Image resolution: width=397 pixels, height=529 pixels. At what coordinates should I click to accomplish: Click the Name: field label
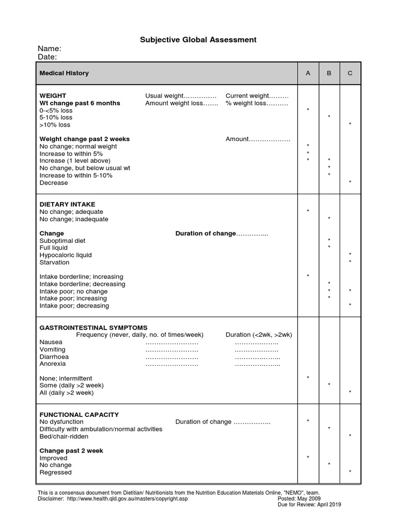tap(50, 49)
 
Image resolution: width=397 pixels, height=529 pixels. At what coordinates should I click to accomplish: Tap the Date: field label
tap(48, 57)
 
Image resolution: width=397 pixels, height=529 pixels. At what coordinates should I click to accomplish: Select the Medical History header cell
tap(64, 73)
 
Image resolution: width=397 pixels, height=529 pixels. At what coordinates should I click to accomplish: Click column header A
tap(308, 73)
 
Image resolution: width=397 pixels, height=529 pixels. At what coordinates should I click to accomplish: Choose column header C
tap(350, 73)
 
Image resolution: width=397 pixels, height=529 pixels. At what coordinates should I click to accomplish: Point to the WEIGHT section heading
tap(53, 96)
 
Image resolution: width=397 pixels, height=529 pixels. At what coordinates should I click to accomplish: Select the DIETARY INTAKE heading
tap(67, 205)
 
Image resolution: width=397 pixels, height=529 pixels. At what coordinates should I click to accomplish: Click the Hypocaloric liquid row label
tap(65, 255)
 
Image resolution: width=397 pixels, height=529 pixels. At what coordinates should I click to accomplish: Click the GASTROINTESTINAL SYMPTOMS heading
tap(93, 328)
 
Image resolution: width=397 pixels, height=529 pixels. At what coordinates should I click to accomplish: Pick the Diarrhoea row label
tap(54, 356)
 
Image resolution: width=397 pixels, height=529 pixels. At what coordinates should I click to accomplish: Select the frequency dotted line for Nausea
tap(172, 343)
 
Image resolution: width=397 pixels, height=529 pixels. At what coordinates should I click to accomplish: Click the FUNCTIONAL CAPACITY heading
tap(79, 414)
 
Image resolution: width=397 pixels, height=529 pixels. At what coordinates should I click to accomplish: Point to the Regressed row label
tap(56, 472)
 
